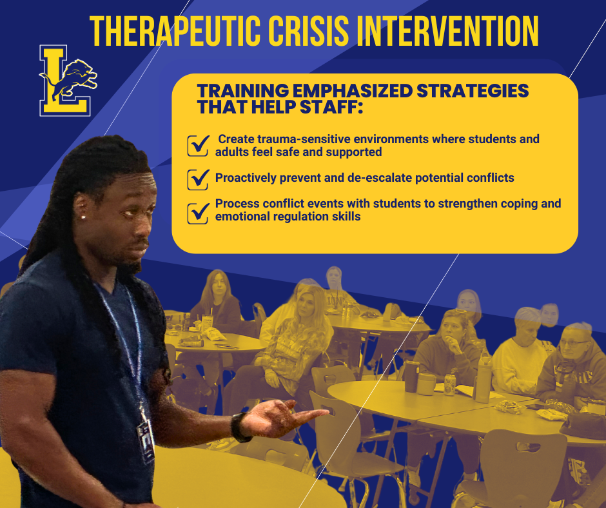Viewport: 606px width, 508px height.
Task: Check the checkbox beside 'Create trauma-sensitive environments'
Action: (x=198, y=146)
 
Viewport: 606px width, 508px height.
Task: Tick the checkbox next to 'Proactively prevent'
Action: (x=198, y=179)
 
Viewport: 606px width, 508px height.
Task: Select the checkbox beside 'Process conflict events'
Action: (x=198, y=211)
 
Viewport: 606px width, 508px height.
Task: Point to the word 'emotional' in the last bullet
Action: (x=241, y=217)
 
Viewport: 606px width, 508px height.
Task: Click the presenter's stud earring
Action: (x=83, y=217)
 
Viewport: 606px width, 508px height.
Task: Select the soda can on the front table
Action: (x=450, y=385)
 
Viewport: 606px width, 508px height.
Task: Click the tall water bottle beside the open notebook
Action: (x=484, y=379)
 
